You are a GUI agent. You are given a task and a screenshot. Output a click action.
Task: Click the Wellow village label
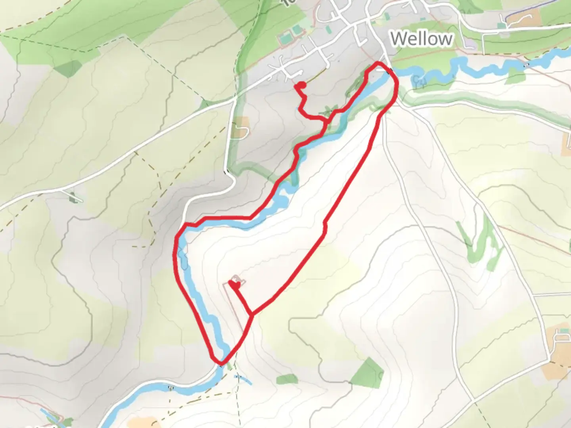coord(421,39)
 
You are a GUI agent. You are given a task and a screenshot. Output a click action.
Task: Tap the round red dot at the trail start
coord(301,85)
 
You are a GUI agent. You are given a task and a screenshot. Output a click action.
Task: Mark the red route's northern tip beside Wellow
coord(377,63)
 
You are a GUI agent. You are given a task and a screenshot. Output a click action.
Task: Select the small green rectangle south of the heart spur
coord(287,379)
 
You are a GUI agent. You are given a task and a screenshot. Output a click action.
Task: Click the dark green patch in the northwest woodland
coord(68,68)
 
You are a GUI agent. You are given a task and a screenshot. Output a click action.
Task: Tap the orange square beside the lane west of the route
coord(241,127)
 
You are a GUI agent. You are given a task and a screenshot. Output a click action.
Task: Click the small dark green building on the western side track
coord(73,197)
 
